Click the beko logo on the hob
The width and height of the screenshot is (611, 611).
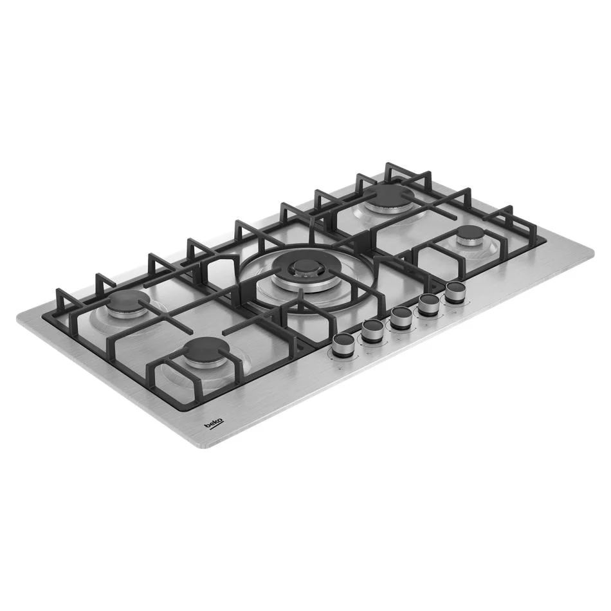[215, 424]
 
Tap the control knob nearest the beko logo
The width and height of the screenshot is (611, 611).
[344, 345]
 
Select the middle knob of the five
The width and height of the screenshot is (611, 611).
[401, 318]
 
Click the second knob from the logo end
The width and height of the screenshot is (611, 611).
[373, 331]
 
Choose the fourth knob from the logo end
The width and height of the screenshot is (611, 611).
[430, 305]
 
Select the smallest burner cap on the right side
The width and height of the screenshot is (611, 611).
[471, 234]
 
